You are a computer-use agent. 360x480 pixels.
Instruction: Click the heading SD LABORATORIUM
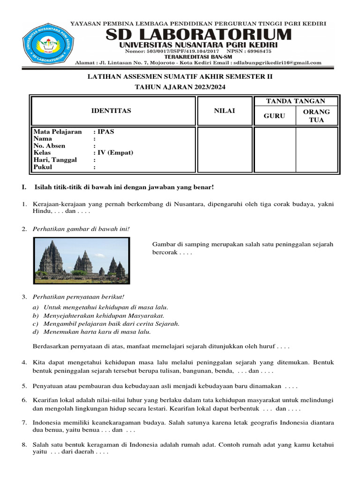pos(198,35)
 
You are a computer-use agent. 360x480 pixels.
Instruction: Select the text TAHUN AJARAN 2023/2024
pos(180,87)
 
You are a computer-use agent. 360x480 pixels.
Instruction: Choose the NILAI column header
pos(224,111)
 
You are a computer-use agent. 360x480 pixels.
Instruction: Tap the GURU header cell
pos(274,116)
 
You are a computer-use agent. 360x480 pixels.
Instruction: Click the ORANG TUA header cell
pos(316,116)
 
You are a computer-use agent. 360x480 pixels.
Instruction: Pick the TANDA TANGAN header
pos(295,101)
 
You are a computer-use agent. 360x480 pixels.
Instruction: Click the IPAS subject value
pos(106,132)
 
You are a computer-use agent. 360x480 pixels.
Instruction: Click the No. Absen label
pos(49,146)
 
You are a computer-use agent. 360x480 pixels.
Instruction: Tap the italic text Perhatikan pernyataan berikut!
pos(78,297)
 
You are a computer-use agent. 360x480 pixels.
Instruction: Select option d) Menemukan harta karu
pos(91,332)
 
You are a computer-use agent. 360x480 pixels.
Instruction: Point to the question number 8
pos(24,444)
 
